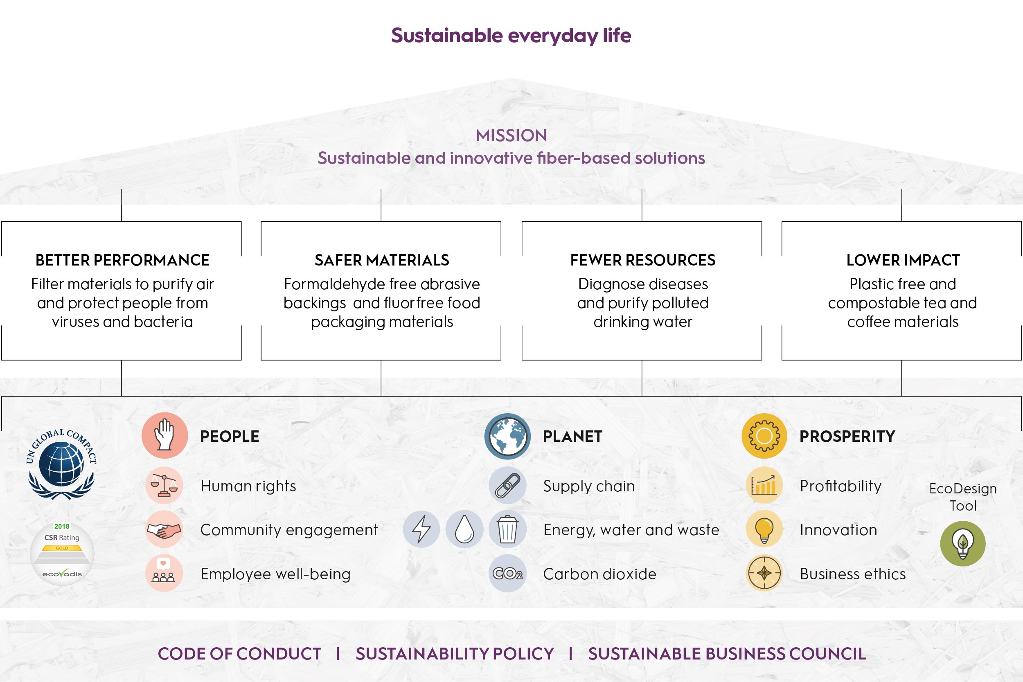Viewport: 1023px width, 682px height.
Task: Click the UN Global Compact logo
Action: pyautogui.click(x=61, y=464)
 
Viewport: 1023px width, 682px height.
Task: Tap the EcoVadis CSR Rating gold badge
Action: pyautogui.click(x=62, y=554)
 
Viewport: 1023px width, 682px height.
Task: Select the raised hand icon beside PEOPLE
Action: pyautogui.click(x=165, y=435)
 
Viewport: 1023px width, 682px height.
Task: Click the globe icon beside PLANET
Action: pyautogui.click(x=507, y=436)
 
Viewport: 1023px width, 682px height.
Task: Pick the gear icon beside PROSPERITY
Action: pyautogui.click(x=764, y=436)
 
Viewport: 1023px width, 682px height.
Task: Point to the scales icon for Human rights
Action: pyautogui.click(x=164, y=485)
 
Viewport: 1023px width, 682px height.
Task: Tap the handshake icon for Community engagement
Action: pyautogui.click(x=164, y=529)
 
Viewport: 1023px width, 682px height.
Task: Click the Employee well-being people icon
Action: pyautogui.click(x=164, y=573)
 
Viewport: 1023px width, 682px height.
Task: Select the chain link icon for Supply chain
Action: pyautogui.click(x=507, y=485)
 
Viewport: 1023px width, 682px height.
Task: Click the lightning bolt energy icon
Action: pyautogui.click(x=421, y=529)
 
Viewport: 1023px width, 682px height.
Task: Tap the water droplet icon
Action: pyautogui.click(x=464, y=529)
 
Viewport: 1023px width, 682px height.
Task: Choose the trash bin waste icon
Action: pyautogui.click(x=507, y=529)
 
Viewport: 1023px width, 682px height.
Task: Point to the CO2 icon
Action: pyautogui.click(x=507, y=573)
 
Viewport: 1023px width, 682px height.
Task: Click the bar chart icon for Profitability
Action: pyautogui.click(x=764, y=485)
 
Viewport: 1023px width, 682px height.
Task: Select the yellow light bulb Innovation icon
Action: pyautogui.click(x=764, y=529)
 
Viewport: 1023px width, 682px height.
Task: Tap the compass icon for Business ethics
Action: pyautogui.click(x=764, y=573)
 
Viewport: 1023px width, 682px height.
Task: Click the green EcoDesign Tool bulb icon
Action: pyautogui.click(x=963, y=544)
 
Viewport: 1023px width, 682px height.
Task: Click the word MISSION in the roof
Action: pyautogui.click(x=511, y=135)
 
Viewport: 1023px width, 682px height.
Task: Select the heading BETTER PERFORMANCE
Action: pyautogui.click(x=122, y=260)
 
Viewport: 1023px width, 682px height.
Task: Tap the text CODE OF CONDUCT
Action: pyautogui.click(x=239, y=654)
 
